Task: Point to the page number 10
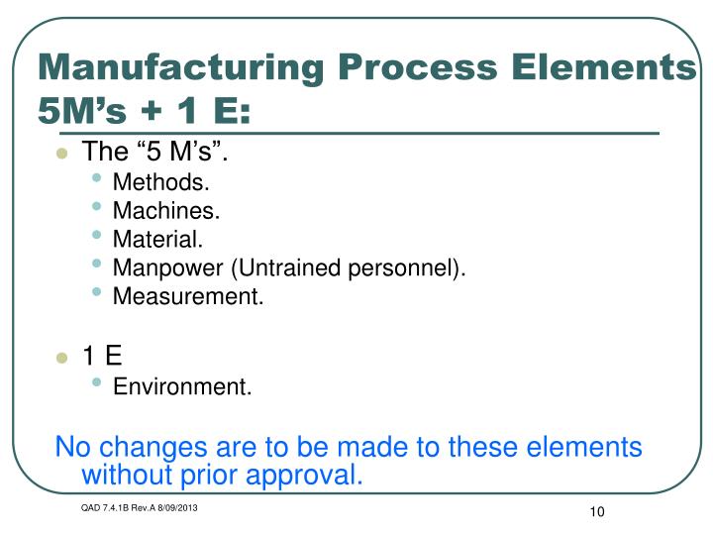(x=595, y=511)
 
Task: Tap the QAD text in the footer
(x=92, y=508)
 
